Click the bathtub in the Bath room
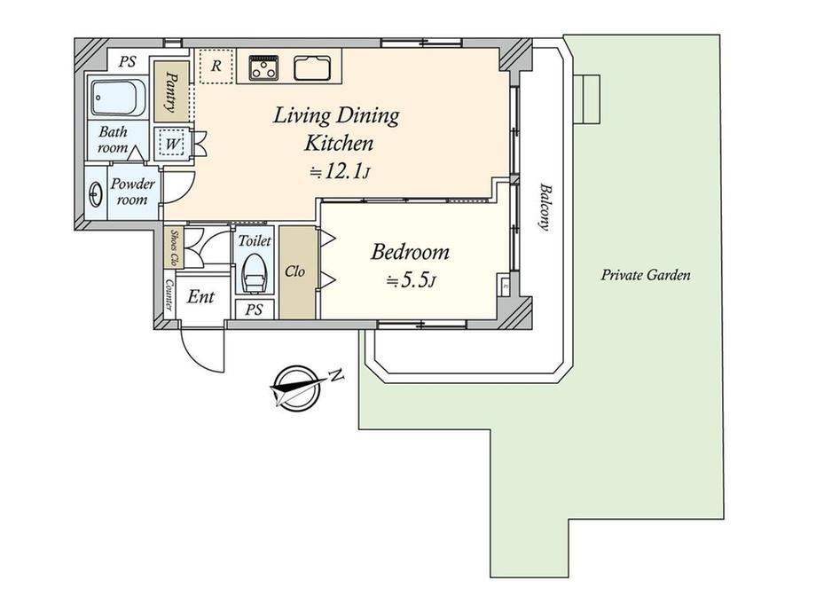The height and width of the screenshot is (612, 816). pos(118,98)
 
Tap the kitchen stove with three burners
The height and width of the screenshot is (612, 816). pos(263,67)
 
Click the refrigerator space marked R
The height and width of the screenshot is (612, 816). pos(216,67)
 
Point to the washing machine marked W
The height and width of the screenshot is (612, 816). pos(171,144)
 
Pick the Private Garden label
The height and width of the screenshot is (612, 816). pos(646,275)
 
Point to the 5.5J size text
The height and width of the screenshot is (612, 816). pos(412,281)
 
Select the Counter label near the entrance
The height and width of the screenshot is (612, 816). pos(169,294)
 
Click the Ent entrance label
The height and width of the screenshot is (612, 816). pos(200,297)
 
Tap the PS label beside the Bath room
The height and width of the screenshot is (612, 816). pos(127,62)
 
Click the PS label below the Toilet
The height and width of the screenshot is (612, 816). pos(254,310)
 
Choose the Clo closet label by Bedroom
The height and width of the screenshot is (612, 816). pos(294,271)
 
